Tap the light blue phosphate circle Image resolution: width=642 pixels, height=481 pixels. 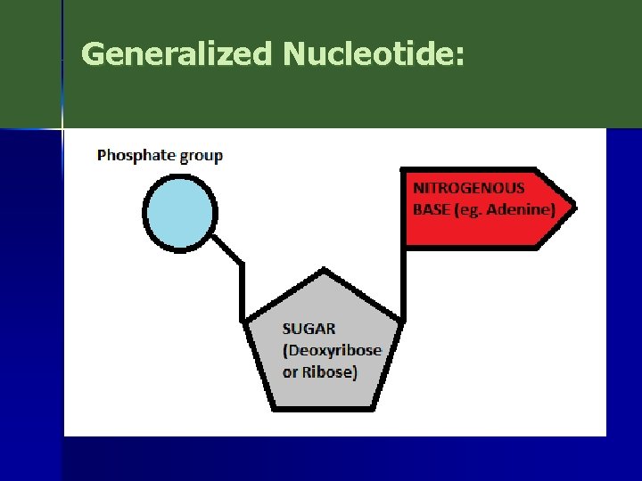click(179, 212)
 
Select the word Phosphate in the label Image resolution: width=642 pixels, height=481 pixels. click(136, 156)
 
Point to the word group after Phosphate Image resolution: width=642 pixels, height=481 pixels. click(202, 157)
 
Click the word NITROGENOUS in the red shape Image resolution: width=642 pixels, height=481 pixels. click(468, 188)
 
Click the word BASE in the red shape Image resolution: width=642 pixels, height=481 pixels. click(432, 210)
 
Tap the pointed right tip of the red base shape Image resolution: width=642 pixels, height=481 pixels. click(573, 208)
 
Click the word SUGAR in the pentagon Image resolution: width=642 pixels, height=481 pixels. click(309, 329)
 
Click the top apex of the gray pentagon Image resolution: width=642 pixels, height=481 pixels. click(323, 273)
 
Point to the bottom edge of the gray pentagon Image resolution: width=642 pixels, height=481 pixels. click(323, 409)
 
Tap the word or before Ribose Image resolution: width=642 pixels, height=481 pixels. click(290, 372)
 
